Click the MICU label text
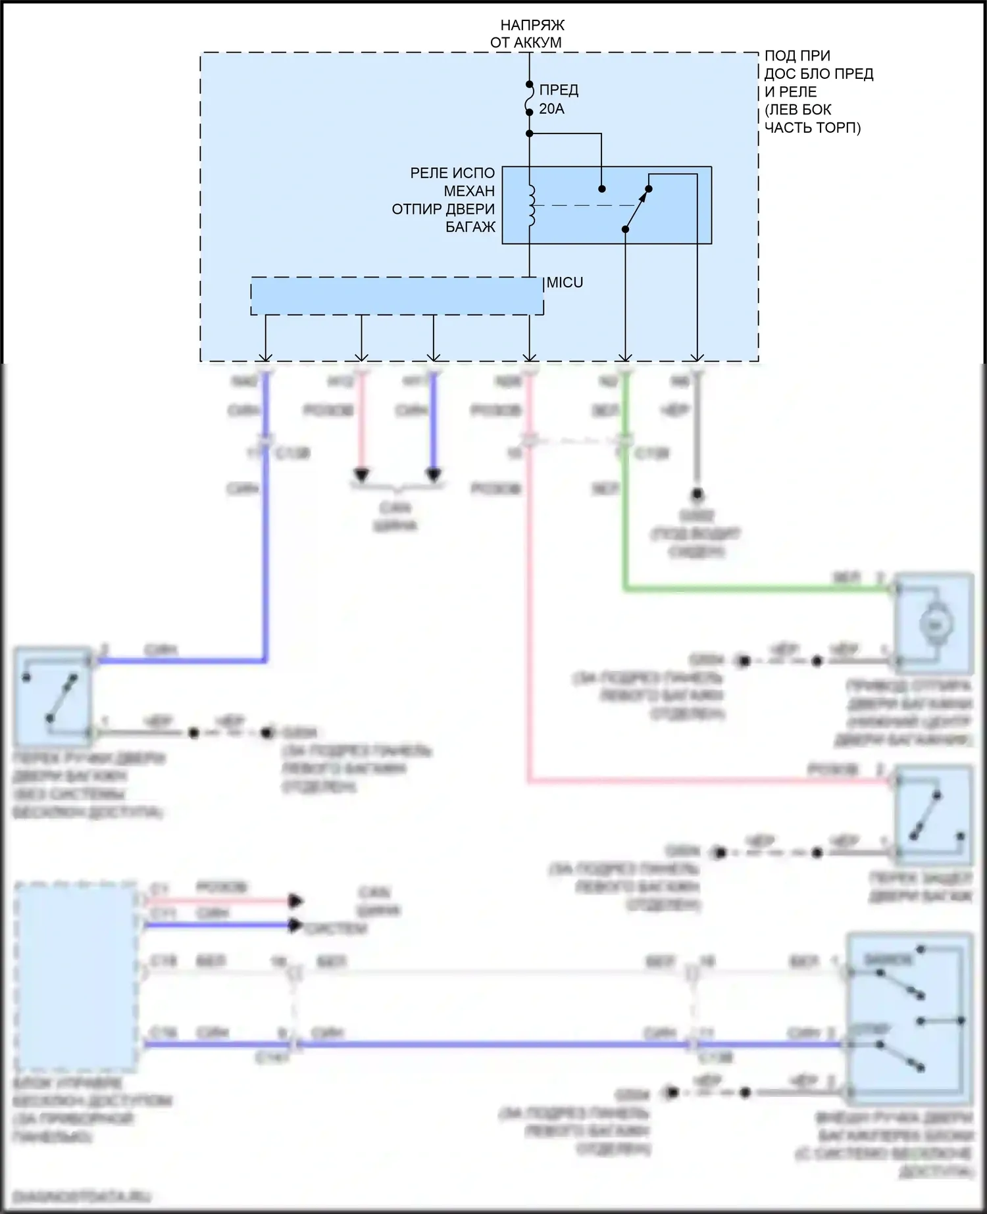pos(565,283)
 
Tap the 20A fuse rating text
pos(551,109)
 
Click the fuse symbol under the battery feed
pos(530,99)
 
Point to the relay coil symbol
pos(531,206)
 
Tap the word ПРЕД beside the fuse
pos(559,90)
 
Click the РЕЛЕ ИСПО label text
pos(452,173)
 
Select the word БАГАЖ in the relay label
pos(470,227)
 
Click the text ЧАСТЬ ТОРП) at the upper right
pos(812,128)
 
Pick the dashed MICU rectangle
pos(397,296)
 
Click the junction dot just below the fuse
pos(530,134)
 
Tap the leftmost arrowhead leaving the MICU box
pos(265,357)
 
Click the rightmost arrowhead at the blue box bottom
pos(697,357)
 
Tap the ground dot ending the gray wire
pos(697,494)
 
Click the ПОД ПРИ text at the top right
pos(797,56)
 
